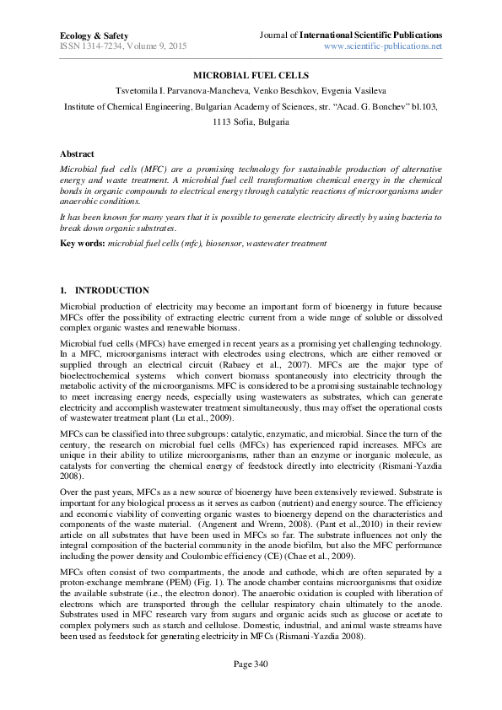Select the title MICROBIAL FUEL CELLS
pos(251,76)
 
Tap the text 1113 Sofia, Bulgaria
pos(251,121)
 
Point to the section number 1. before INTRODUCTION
pos(63,291)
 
